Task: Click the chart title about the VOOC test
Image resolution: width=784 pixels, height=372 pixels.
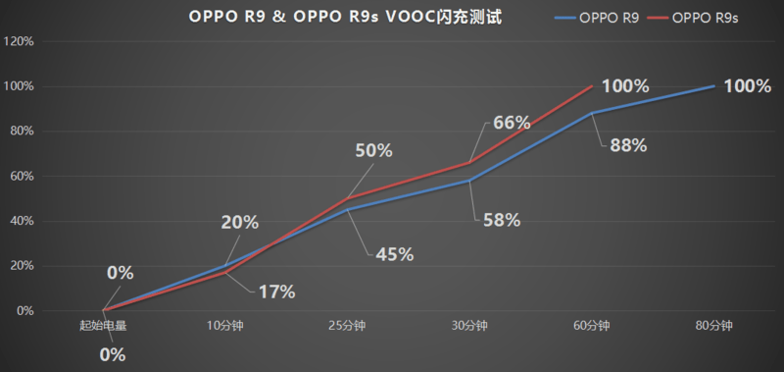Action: [346, 17]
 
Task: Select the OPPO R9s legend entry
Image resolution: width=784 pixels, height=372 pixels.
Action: [693, 18]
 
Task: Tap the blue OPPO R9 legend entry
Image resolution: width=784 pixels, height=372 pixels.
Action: [597, 18]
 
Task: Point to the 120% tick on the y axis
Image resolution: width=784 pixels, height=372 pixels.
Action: [19, 41]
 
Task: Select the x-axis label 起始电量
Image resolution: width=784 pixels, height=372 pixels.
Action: [103, 326]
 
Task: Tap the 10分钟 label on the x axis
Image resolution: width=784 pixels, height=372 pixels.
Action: [225, 326]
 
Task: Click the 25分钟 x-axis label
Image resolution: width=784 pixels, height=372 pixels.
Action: [348, 326]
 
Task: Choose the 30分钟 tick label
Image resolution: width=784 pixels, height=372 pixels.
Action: [469, 326]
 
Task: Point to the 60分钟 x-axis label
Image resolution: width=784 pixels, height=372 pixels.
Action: [592, 326]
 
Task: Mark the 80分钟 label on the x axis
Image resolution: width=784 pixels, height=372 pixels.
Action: [714, 326]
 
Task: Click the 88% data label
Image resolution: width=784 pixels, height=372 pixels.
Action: [628, 145]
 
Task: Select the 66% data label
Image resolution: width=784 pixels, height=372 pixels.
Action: [511, 123]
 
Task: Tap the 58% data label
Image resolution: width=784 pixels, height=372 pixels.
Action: [502, 220]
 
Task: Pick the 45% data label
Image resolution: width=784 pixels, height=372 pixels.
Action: [395, 255]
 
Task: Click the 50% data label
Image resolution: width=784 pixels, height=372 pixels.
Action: [374, 151]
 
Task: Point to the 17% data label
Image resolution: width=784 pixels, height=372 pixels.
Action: [276, 292]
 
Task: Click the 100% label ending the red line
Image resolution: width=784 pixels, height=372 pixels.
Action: [625, 86]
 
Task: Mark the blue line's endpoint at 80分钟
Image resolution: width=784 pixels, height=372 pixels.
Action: [714, 86]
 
